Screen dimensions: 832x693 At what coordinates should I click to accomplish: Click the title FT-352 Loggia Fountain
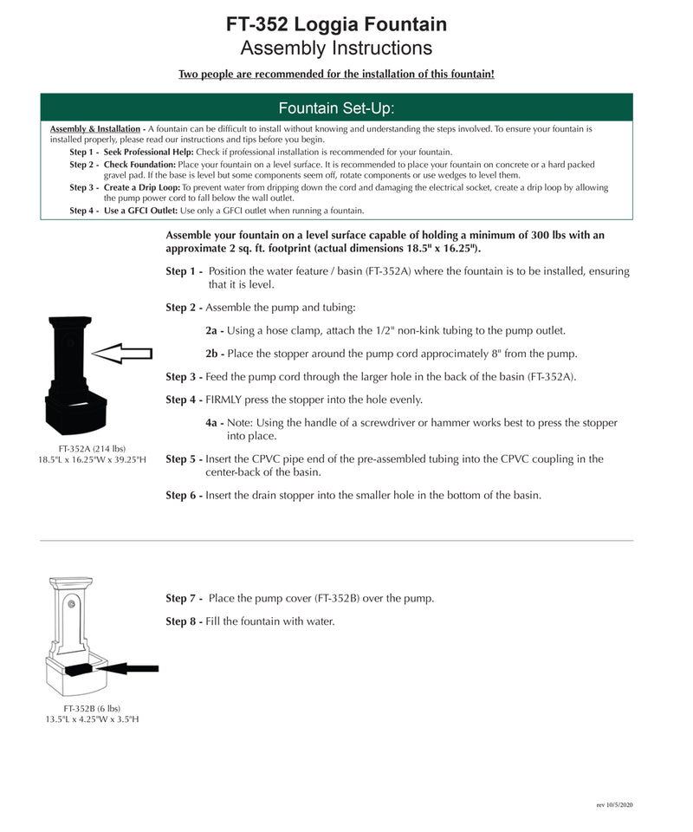click(x=336, y=23)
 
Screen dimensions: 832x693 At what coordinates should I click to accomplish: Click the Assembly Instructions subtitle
click(x=336, y=48)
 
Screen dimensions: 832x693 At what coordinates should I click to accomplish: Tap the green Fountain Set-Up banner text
click(x=336, y=108)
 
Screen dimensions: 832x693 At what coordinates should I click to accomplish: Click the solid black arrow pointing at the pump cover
click(x=132, y=667)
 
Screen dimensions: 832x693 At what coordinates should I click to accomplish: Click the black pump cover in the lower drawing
click(x=79, y=668)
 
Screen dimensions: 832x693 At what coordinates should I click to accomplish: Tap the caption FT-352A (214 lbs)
click(x=92, y=448)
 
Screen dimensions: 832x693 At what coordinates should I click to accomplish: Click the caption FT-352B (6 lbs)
click(x=92, y=708)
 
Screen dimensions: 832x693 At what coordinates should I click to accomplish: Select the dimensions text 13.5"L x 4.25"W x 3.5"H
click(x=92, y=719)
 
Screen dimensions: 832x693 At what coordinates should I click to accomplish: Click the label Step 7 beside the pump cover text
click(x=183, y=599)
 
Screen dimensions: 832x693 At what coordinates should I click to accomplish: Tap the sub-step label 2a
click(x=214, y=331)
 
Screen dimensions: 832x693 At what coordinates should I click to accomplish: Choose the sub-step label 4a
click(x=214, y=423)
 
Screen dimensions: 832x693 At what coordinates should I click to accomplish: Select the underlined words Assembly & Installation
click(x=94, y=129)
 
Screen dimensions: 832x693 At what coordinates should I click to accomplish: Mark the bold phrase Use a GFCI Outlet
click(x=141, y=211)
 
